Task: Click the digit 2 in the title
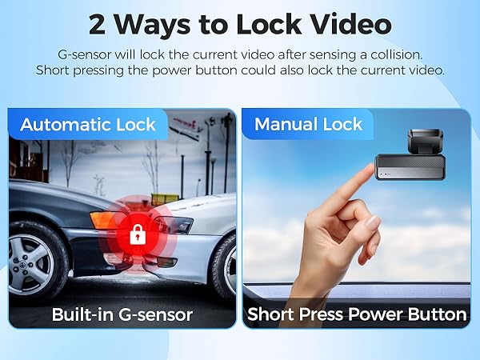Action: pos(98,24)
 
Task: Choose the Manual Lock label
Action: pos(308,125)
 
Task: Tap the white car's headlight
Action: pos(178,225)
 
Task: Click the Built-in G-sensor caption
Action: pos(122,314)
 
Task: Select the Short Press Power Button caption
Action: pos(357,314)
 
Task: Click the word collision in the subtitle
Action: pos(394,54)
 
